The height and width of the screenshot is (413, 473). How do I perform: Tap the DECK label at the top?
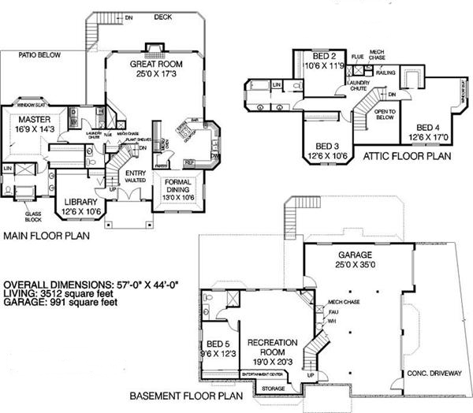pyautogui.click(x=163, y=16)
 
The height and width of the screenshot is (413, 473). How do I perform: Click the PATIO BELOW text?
pyautogui.click(x=39, y=55)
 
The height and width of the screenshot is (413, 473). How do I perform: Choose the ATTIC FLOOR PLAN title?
pyautogui.click(x=405, y=156)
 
